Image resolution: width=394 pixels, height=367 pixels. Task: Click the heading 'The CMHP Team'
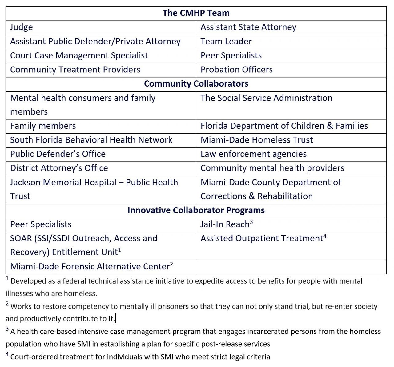pyautogui.click(x=196, y=13)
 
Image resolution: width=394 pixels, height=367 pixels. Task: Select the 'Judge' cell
pyautogui.click(x=22, y=27)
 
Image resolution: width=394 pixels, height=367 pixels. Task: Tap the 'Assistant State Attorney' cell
pyautogui.click(x=248, y=27)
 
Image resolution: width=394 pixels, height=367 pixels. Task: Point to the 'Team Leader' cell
pyautogui.click(x=226, y=41)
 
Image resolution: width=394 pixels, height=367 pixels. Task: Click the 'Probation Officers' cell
pyautogui.click(x=236, y=70)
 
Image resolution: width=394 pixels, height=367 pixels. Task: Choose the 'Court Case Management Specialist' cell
pyautogui.click(x=79, y=55)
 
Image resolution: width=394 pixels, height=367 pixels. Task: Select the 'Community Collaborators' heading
pyautogui.click(x=196, y=84)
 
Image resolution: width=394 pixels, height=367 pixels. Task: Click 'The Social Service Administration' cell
pyautogui.click(x=266, y=98)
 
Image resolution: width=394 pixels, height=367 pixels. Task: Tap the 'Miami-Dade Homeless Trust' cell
pyautogui.click(x=256, y=140)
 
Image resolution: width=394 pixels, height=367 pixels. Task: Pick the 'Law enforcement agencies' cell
pyautogui.click(x=253, y=154)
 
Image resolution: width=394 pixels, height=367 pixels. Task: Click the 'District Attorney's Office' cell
pyautogui.click(x=59, y=168)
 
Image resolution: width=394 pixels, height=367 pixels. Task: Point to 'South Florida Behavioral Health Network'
pyautogui.click(x=91, y=140)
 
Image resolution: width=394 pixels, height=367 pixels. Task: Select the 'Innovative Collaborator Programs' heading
pyautogui.click(x=196, y=210)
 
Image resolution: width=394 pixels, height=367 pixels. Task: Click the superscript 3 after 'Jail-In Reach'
pyautogui.click(x=251, y=222)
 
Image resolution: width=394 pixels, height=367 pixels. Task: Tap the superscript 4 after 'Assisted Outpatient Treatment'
pyautogui.click(x=325, y=236)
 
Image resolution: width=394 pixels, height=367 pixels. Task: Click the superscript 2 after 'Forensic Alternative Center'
pyautogui.click(x=171, y=264)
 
